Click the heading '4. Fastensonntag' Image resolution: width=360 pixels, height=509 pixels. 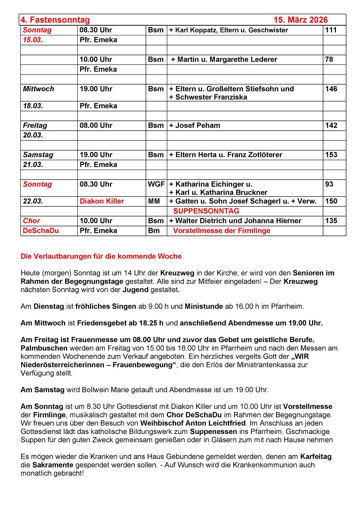55,20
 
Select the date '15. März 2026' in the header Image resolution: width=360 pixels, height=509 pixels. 301,20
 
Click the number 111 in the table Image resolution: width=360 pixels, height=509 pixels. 331,30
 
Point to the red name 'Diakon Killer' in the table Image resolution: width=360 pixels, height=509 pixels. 102,201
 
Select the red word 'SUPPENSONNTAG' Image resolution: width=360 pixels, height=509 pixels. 206,211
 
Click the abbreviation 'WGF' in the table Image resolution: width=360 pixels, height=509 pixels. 156,184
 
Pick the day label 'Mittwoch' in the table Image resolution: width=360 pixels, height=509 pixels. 38,89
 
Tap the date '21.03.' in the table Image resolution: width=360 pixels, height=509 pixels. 33,165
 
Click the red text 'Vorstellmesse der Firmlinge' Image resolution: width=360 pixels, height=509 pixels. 222,231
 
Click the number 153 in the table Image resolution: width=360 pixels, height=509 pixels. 331,155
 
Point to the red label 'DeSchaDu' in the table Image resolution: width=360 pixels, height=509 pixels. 41,231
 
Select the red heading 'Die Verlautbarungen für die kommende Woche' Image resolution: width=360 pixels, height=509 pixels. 101,256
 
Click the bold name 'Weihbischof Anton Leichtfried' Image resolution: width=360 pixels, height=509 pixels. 193,423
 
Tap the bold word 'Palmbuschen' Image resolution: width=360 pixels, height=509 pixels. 44,348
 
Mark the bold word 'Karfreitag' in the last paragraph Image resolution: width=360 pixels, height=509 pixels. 316,456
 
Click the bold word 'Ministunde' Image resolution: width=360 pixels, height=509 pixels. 204,306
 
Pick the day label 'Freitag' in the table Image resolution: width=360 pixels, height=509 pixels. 35,126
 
